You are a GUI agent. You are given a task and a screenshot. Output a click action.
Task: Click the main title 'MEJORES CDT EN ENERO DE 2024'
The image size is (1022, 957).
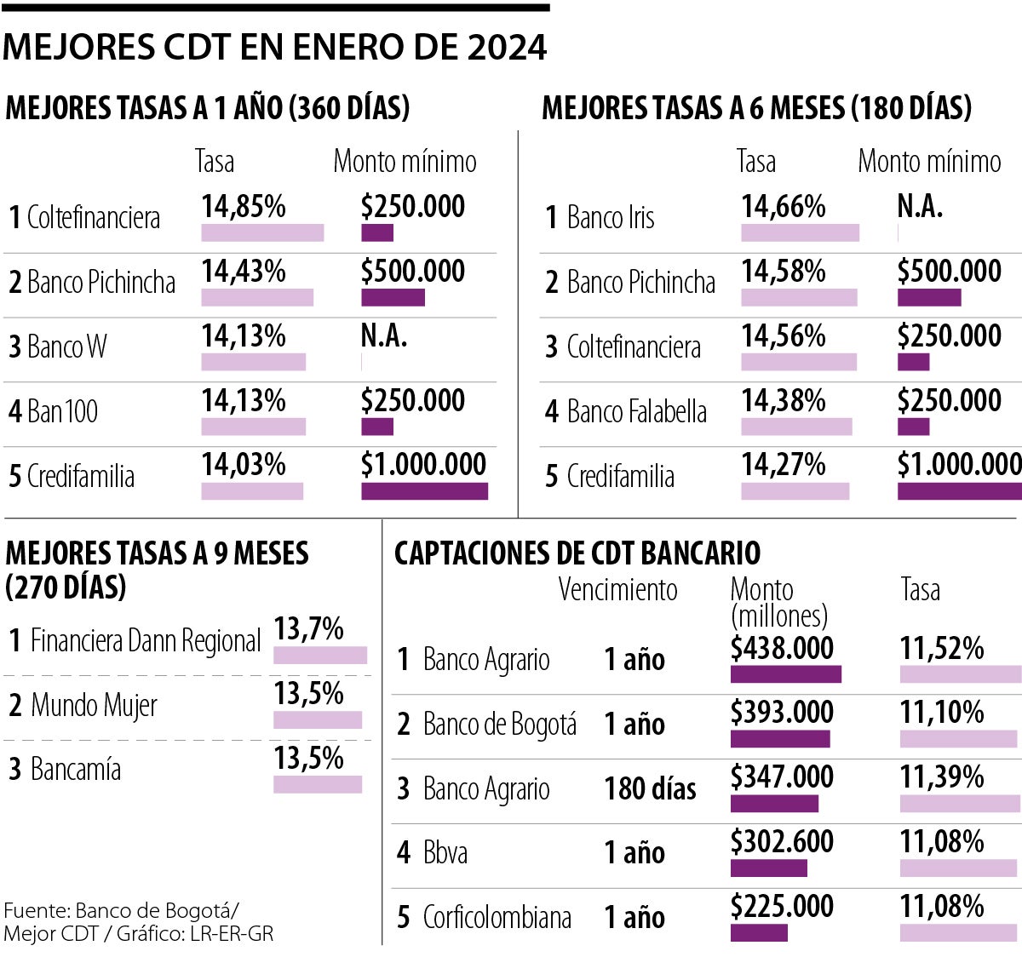(274, 47)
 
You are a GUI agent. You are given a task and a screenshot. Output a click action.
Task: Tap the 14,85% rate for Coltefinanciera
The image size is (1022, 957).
(244, 207)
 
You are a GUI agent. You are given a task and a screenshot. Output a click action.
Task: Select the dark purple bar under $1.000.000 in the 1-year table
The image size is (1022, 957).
(424, 491)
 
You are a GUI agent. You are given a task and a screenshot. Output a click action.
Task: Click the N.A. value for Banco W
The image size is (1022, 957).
(384, 336)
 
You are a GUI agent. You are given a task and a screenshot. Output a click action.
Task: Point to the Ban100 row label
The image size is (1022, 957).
(54, 412)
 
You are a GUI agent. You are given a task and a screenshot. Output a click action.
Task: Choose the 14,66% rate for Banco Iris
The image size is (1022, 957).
(783, 207)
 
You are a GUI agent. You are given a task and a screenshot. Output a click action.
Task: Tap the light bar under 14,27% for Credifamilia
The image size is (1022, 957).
(795, 491)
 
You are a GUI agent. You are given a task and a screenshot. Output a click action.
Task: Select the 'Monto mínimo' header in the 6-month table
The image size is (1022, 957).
(929, 161)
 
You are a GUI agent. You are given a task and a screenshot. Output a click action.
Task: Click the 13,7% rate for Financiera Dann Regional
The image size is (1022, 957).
(308, 630)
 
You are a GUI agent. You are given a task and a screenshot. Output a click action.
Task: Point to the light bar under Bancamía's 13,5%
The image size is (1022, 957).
(317, 784)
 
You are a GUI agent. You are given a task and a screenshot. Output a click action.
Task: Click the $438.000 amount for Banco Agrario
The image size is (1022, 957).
(782, 649)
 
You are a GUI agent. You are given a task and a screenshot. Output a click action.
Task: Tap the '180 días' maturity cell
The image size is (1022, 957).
(650, 789)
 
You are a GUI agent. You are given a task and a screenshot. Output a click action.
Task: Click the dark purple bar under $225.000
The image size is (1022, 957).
(759, 933)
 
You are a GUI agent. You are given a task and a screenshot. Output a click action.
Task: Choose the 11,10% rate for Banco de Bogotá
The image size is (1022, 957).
(941, 713)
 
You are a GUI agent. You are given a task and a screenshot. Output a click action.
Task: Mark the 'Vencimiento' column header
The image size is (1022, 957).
(617, 590)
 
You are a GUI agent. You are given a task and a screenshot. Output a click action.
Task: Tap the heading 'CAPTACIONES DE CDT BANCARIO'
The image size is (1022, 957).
(577, 553)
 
